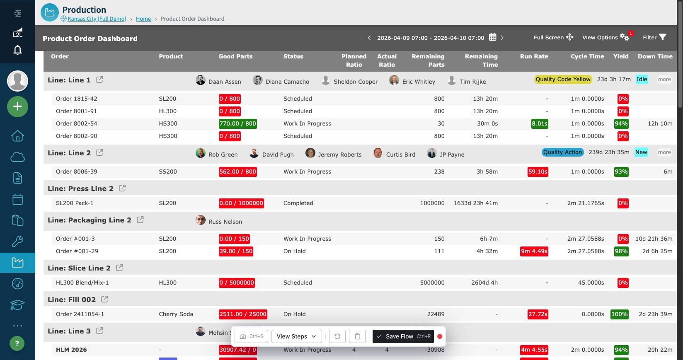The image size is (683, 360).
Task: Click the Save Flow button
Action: coord(403,336)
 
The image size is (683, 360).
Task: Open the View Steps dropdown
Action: coord(296,336)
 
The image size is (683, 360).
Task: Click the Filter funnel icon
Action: coord(662,37)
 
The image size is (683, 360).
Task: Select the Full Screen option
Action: coord(553,38)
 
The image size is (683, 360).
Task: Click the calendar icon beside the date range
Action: coord(492,37)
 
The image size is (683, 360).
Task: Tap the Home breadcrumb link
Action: coord(143,19)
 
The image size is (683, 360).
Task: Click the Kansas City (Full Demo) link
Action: coord(97,19)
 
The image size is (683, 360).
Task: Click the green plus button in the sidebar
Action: coord(17,106)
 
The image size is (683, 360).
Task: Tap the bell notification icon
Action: coord(17,50)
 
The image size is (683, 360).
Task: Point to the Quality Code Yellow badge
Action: coord(563,79)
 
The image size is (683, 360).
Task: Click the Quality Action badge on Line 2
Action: coord(562,152)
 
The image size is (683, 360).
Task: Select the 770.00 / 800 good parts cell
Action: coord(237,124)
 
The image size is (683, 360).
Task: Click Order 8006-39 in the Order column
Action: coord(77,172)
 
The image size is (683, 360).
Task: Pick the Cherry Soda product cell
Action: coord(176,314)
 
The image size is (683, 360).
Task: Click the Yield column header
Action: coord(621,56)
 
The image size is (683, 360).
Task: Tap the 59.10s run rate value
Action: coord(538,172)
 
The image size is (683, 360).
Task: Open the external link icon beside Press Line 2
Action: coord(122,188)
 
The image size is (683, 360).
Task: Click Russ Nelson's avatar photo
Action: coord(200,220)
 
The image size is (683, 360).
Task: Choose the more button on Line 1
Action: coord(664,80)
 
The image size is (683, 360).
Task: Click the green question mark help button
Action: coord(17,343)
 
